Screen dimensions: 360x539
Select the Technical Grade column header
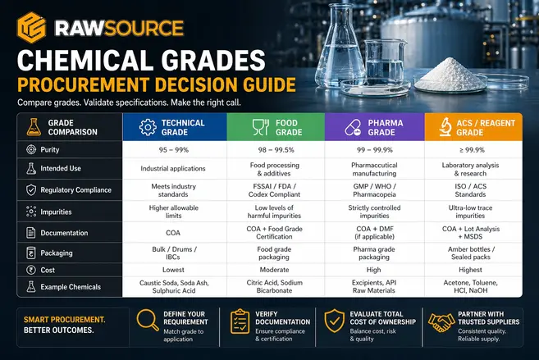[x=174, y=126]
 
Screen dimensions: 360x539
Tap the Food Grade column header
[x=275, y=126]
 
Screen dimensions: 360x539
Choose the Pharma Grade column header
[x=375, y=126]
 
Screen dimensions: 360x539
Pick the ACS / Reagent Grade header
[x=473, y=126]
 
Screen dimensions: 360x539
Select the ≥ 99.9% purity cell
[x=473, y=150]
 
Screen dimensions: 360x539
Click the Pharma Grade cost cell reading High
[x=373, y=269]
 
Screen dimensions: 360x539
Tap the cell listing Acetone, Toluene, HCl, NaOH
[x=473, y=287]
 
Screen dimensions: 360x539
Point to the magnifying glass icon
[x=148, y=321]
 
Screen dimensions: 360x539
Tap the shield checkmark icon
[x=335, y=321]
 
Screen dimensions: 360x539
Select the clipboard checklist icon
[x=240, y=321]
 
